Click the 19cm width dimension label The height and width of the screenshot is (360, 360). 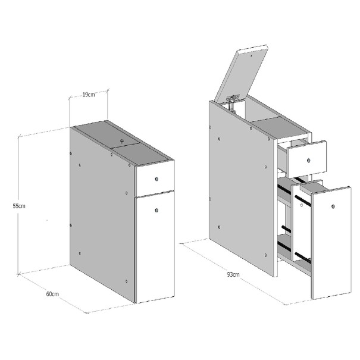[89, 95]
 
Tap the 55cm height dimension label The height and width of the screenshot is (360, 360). [19, 206]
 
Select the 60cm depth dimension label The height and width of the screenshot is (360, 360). [52, 294]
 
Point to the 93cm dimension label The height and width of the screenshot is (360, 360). [233, 274]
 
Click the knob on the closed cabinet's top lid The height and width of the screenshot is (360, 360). [122, 140]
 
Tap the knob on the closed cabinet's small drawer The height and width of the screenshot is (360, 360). [156, 179]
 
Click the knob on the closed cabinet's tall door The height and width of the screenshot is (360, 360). [156, 210]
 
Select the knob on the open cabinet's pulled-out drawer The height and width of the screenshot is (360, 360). [308, 160]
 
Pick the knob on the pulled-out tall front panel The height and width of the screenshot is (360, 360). [333, 206]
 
